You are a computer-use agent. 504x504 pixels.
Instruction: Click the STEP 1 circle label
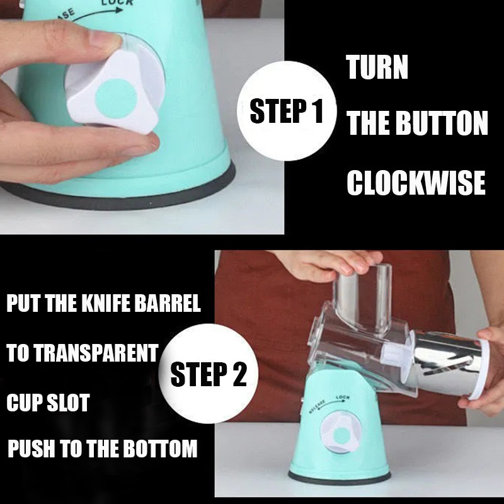(x=287, y=111)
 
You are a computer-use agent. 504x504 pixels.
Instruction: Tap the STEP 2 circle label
(x=209, y=374)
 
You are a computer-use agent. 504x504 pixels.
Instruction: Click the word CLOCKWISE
(x=416, y=183)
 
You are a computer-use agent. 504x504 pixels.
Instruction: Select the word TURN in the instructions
(x=377, y=67)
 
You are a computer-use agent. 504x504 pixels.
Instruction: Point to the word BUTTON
(x=442, y=123)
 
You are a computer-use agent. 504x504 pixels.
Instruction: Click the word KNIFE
(x=107, y=303)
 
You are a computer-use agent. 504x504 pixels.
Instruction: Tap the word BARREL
(x=168, y=303)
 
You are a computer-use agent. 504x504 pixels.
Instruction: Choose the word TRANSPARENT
(x=96, y=353)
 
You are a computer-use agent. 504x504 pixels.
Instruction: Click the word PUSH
(x=31, y=449)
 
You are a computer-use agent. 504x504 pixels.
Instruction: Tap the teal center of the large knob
(x=116, y=98)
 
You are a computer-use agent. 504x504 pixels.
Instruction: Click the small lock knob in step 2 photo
(x=341, y=432)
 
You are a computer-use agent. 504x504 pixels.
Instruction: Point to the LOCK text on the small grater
(x=343, y=398)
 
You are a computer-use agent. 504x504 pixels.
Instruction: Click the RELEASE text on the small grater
(x=318, y=406)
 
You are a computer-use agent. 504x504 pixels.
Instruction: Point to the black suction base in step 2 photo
(x=340, y=478)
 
